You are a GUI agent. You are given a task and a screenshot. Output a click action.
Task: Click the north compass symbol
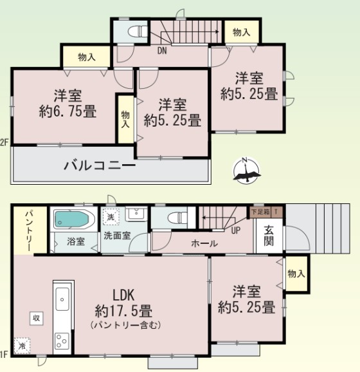[x=246, y=171]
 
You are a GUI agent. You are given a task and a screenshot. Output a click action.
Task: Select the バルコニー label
[x=100, y=166]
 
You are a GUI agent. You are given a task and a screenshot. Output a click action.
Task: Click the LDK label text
[x=123, y=295]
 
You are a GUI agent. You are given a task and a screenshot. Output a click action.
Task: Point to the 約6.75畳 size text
[x=67, y=111]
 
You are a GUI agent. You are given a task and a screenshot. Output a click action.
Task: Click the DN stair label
[x=162, y=51]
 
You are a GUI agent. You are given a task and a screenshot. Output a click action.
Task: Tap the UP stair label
[x=235, y=230]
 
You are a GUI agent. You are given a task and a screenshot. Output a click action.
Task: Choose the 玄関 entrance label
[x=269, y=236]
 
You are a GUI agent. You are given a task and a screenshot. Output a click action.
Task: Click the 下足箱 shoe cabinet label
[x=260, y=212]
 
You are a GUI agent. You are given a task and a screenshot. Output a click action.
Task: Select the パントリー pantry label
[x=30, y=230]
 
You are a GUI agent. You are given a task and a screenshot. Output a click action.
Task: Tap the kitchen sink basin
[x=62, y=299]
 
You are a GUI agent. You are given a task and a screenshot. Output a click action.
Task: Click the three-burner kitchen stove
[x=62, y=341]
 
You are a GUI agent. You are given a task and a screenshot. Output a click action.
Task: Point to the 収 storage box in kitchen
[x=36, y=318]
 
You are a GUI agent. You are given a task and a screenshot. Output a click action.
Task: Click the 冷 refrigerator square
[x=22, y=346]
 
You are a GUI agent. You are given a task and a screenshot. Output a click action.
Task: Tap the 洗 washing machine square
[x=111, y=217]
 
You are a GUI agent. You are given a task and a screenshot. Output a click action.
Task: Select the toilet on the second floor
[x=138, y=32]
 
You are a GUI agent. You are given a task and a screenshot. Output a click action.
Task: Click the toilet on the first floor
[x=177, y=218]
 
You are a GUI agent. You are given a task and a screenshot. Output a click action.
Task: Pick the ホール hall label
[x=204, y=243]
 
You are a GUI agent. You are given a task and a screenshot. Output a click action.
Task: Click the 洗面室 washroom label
[x=117, y=236]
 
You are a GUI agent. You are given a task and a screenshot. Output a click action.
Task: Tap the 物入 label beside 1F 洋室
[x=296, y=274]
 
